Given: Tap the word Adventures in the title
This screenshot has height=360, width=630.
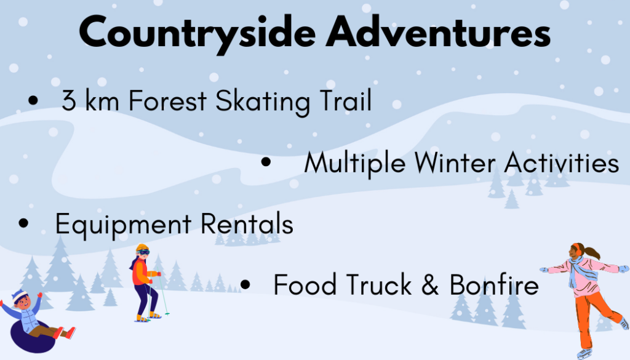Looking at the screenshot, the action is point(438,31).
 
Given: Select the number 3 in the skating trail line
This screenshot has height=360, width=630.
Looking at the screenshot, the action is point(69,100).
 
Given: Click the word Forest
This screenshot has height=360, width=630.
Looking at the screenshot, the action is point(167,100).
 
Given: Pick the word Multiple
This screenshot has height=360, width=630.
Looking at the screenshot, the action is point(355,164).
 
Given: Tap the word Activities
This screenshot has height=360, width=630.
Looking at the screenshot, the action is point(562,162).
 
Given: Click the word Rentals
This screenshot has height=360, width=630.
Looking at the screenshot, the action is point(247,223).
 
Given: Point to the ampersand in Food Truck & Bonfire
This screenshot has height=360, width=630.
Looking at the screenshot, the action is point(430,284).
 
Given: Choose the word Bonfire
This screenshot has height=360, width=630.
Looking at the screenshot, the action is point(494,284).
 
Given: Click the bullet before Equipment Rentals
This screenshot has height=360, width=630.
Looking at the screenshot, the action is point(24,223).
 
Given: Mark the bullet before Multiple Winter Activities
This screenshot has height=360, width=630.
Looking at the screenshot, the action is point(266,162).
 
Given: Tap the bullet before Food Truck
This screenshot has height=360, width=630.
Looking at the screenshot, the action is point(245,284).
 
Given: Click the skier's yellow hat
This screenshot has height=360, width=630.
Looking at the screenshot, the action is point(142,247).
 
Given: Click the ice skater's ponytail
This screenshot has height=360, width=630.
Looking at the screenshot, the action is point(592,252).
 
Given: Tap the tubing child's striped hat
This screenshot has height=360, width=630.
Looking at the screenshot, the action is point(18,296).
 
